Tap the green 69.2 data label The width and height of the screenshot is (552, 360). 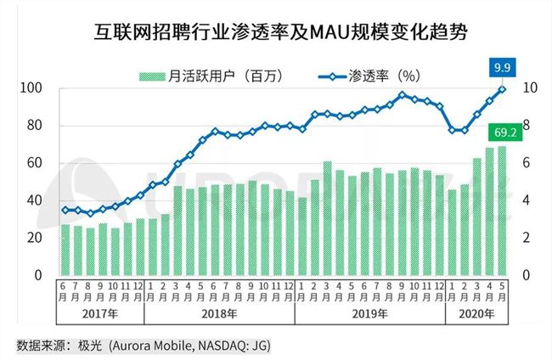coord(501,132)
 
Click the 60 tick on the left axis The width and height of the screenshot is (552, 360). coord(36,163)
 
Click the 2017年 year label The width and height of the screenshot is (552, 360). coord(100,314)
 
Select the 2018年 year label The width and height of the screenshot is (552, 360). coord(219,314)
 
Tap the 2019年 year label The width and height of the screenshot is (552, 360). coord(369,314)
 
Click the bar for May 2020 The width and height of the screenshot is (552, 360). coord(502,211)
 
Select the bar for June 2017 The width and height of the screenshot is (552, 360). coord(65,250)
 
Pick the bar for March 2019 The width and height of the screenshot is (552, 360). coord(327,218)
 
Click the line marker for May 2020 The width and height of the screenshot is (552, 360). coord(502,89)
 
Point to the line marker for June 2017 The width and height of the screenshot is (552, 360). coord(65,210)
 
